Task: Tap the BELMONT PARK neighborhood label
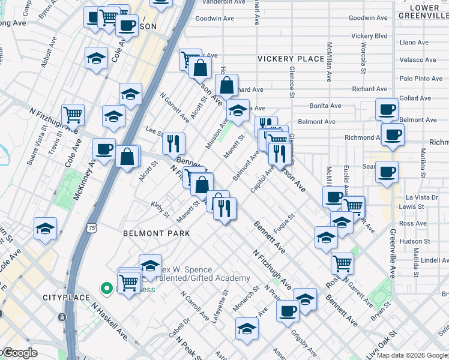click(156, 233)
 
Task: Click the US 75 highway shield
click(91, 228)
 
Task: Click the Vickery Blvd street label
click(369, 36)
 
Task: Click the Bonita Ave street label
click(325, 106)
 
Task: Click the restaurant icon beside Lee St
click(173, 143)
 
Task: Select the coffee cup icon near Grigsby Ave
click(288, 310)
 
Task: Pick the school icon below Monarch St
click(247, 328)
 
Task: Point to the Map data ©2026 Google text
click(411, 355)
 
